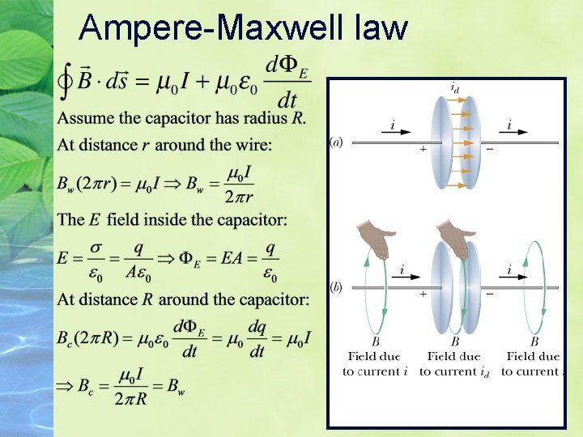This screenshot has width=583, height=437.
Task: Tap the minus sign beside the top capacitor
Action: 489,150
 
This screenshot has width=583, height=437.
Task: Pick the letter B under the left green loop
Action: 376,342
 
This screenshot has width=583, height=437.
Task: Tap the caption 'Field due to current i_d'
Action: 454,363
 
